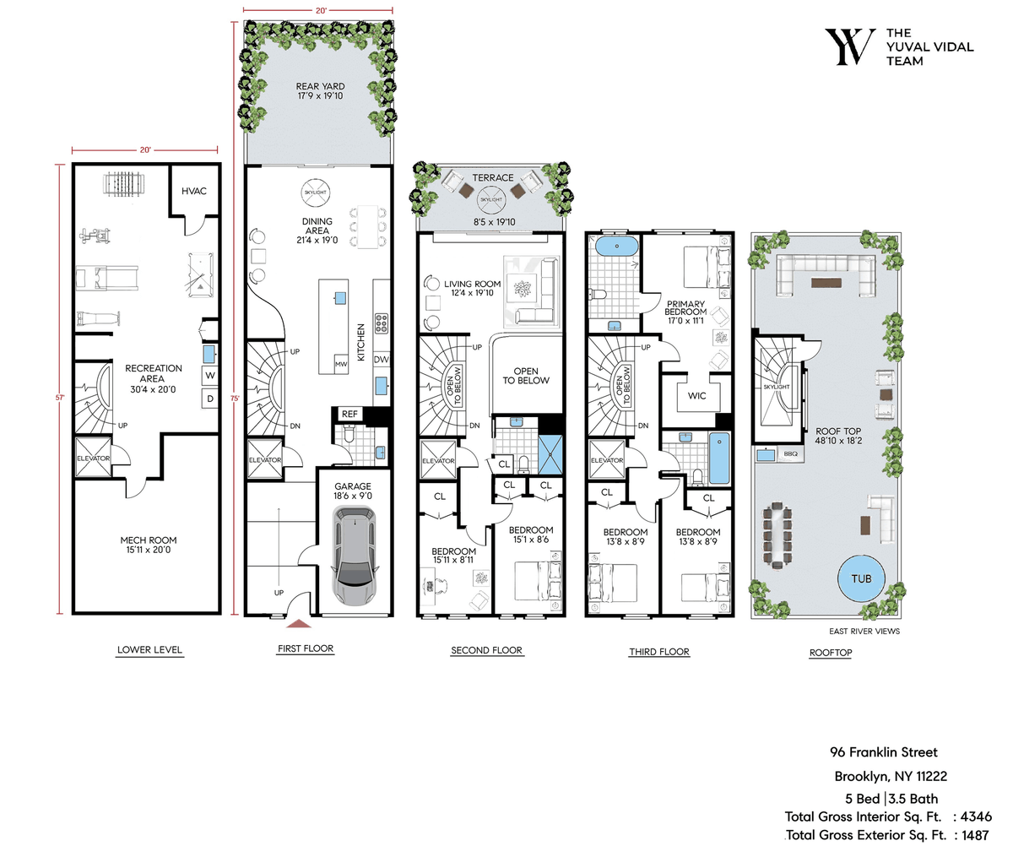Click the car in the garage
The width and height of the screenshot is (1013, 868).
(x=355, y=556)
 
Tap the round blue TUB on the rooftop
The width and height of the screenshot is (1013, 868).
(x=861, y=578)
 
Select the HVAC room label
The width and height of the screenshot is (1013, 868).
(x=193, y=191)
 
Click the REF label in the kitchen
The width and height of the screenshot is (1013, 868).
(x=349, y=414)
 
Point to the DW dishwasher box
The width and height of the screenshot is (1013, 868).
(x=382, y=359)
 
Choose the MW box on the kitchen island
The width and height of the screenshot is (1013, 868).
(x=340, y=364)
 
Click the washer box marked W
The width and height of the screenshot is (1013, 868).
(x=210, y=376)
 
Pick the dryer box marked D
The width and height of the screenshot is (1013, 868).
(x=210, y=399)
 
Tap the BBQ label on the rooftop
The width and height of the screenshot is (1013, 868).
(x=790, y=454)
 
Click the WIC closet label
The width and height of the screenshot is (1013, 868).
(x=696, y=395)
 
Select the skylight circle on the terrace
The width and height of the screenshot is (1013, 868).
(x=491, y=199)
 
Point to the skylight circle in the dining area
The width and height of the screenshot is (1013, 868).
(x=315, y=193)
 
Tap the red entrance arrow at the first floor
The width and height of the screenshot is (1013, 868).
(x=299, y=623)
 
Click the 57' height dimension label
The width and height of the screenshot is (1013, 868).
(x=60, y=398)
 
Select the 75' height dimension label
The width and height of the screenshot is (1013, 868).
(x=236, y=399)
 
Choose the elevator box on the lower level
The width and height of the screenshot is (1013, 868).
(x=93, y=458)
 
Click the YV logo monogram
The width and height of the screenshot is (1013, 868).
(x=850, y=46)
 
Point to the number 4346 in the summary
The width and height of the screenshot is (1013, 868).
(x=976, y=816)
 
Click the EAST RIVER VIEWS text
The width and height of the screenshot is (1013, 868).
(x=864, y=632)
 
